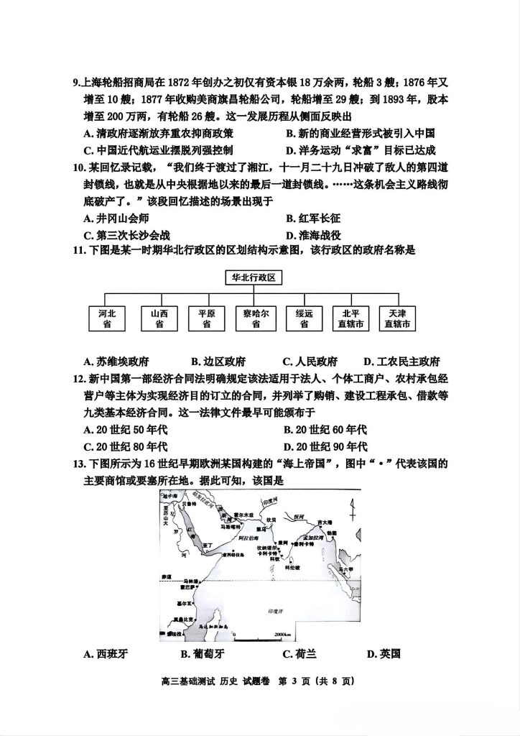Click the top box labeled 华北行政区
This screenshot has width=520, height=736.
coord(255,277)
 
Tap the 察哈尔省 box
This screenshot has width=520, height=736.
coord(255,318)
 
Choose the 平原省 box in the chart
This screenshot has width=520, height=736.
coord(206,318)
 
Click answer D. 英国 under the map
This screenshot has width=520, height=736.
coord(383,653)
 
